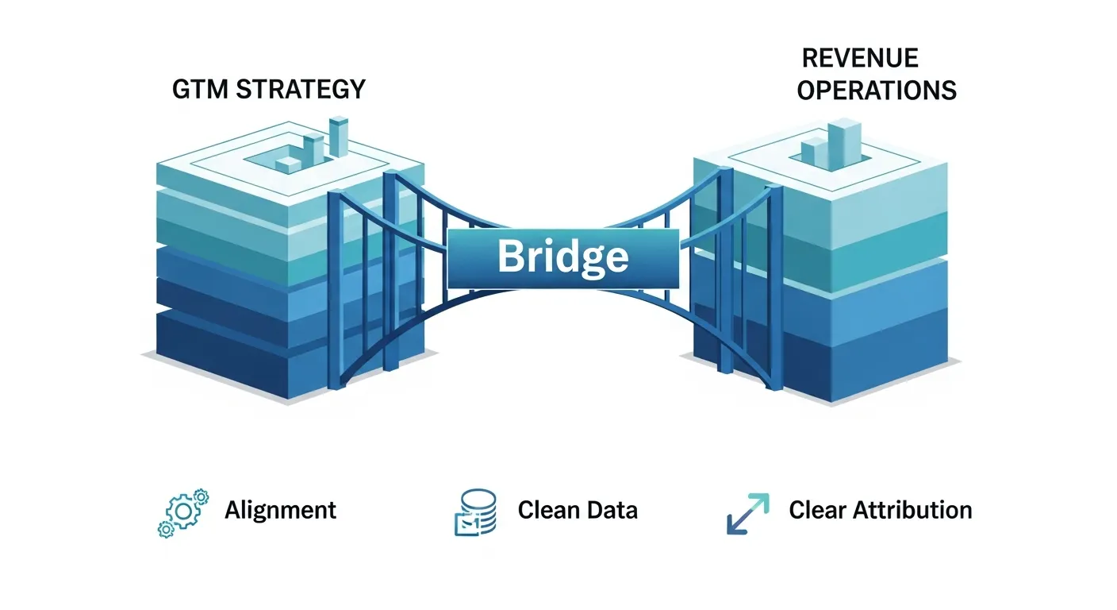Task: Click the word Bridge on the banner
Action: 562,257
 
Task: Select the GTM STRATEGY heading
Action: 269,89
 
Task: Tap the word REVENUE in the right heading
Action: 860,58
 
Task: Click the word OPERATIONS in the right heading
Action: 877,91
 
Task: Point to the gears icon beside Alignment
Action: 183,513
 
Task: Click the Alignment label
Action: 280,510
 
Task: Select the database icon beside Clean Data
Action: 475,512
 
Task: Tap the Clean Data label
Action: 577,510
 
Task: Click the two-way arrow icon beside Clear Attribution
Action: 747,513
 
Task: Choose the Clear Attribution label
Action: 880,510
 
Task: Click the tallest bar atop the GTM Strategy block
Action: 339,137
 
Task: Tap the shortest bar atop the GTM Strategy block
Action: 288,164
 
